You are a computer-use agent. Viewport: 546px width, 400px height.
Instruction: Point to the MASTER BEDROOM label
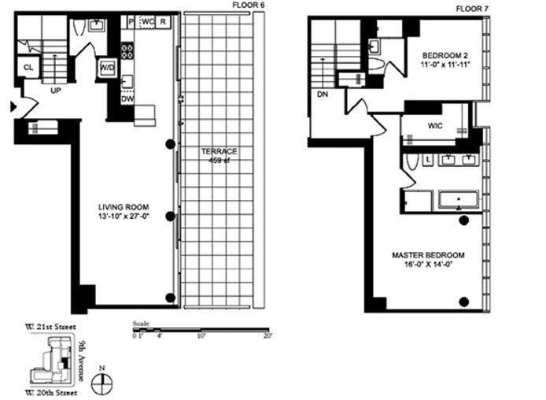428,255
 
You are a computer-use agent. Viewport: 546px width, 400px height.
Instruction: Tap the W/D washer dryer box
106,68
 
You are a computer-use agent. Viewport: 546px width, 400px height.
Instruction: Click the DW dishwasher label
127,99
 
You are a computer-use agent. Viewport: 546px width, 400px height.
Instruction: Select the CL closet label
28,68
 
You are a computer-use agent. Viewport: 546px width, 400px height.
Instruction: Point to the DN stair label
322,94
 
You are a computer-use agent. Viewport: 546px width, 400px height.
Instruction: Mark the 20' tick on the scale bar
267,336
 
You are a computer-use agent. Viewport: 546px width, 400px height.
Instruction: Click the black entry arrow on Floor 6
11,106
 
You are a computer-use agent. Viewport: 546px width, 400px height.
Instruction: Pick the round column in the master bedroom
463,301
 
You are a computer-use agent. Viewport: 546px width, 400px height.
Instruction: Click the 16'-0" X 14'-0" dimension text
428,265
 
